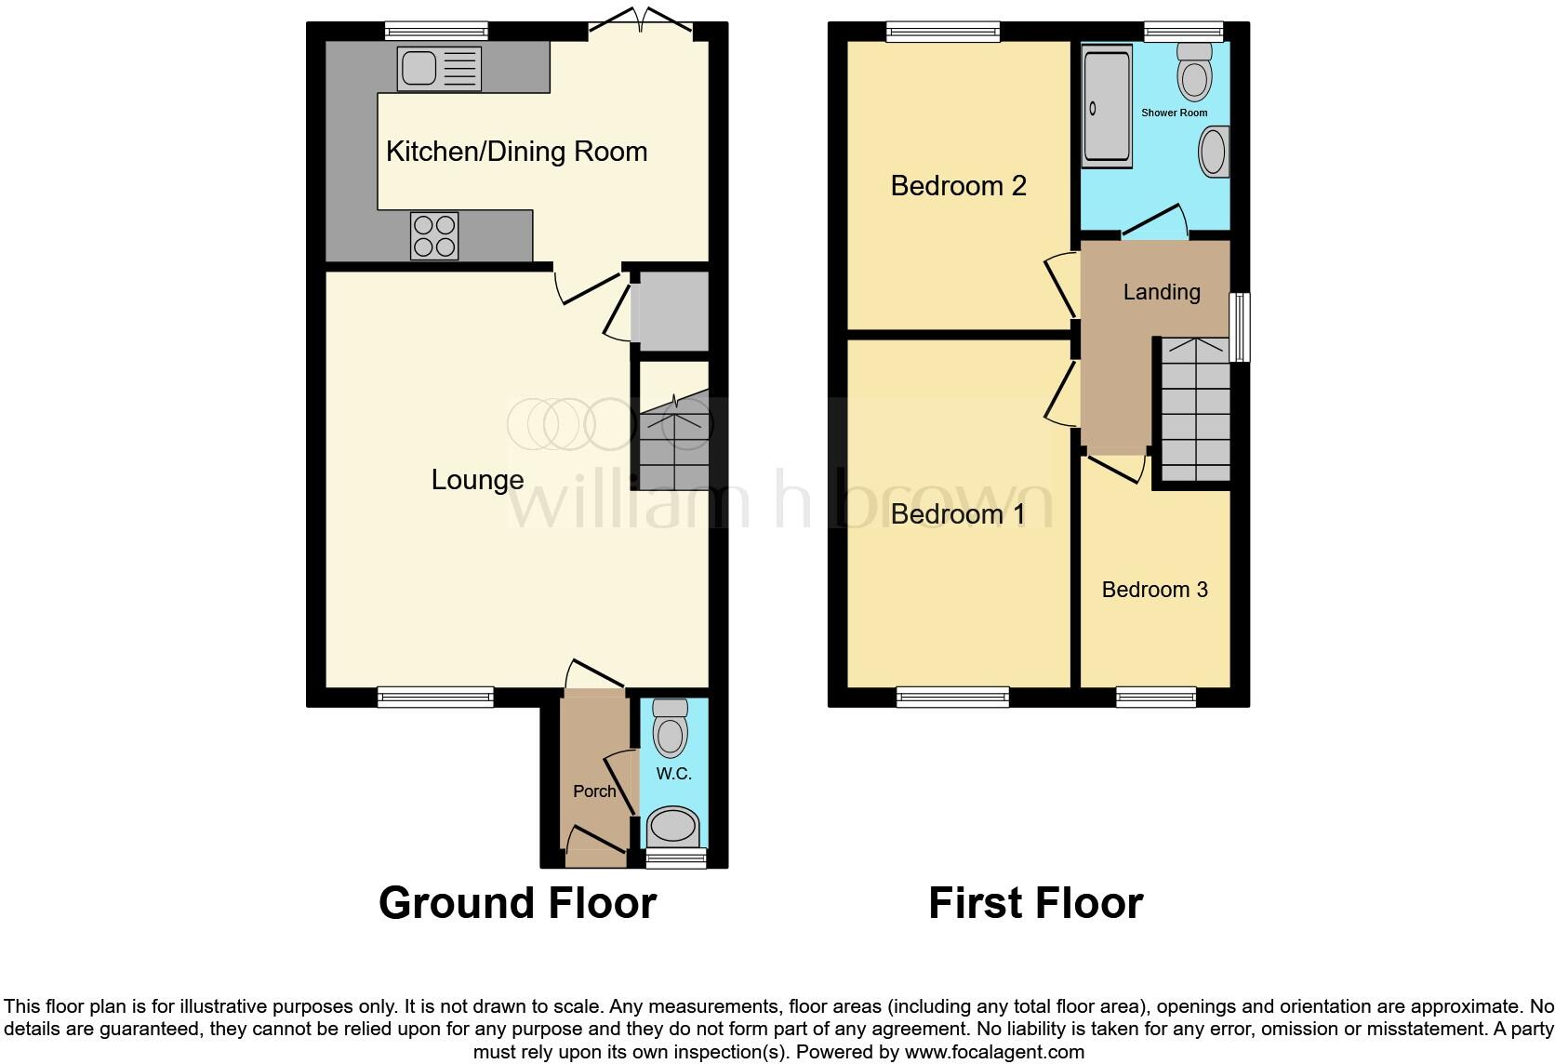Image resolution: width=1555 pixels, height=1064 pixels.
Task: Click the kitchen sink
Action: [x=439, y=69]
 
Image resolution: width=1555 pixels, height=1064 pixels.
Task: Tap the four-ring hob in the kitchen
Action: [x=434, y=236]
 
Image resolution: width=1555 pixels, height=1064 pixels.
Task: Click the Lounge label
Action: [x=478, y=480]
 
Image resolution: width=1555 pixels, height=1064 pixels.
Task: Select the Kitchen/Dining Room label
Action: [x=516, y=152]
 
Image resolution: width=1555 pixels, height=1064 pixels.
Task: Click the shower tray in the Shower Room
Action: [x=1108, y=106]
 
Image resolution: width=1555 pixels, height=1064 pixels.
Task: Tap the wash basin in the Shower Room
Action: [x=1215, y=152]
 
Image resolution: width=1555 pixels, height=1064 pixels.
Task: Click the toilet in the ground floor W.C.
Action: [x=670, y=728]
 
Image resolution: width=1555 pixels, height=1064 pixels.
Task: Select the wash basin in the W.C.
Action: [x=672, y=828]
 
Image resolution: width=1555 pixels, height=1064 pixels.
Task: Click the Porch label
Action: [x=594, y=791]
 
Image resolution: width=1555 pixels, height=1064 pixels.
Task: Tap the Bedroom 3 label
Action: [x=1154, y=590]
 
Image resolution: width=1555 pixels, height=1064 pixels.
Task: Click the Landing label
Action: [x=1163, y=292]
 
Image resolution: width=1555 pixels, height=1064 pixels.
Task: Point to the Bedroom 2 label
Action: [x=958, y=185]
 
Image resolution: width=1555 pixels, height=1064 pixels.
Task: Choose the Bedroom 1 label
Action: [x=958, y=513]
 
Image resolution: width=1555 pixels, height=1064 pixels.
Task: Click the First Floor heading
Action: [x=1036, y=903]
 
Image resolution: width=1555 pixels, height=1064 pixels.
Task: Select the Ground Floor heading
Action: [x=517, y=903]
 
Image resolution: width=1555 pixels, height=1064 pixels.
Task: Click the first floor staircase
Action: [x=1195, y=409]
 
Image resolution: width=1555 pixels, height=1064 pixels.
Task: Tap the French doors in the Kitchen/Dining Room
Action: [x=640, y=20]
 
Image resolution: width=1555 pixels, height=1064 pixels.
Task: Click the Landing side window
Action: [x=1240, y=327]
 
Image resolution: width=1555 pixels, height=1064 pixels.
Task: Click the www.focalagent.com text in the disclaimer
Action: [x=994, y=1052]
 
